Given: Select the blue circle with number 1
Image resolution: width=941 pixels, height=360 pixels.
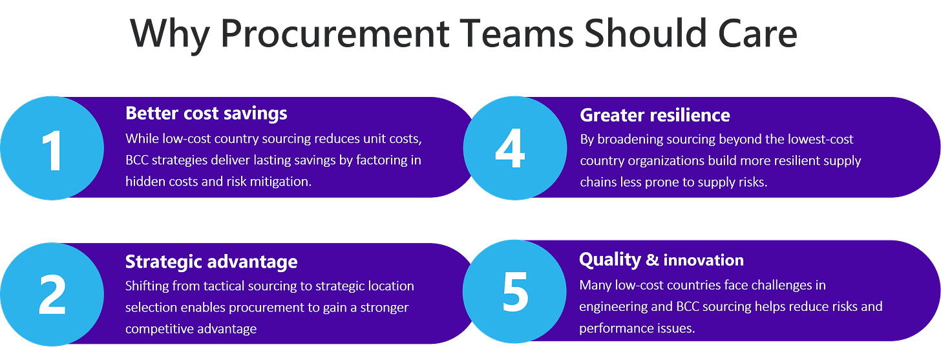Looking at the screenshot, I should (52, 148).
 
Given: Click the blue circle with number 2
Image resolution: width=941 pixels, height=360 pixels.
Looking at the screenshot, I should (52, 293).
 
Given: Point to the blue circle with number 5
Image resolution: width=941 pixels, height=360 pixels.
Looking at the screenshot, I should (514, 292).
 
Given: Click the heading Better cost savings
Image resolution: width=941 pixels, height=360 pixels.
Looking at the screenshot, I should (206, 114).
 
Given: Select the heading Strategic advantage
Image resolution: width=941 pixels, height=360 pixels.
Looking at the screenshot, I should (211, 262).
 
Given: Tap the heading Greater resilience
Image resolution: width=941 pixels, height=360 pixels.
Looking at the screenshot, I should (655, 116).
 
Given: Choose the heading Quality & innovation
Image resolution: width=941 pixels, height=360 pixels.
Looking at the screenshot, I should (661, 260).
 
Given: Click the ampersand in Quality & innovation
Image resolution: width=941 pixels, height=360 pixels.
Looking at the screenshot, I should (652, 260).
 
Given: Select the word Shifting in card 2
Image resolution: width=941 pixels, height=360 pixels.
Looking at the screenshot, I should (146, 286).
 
